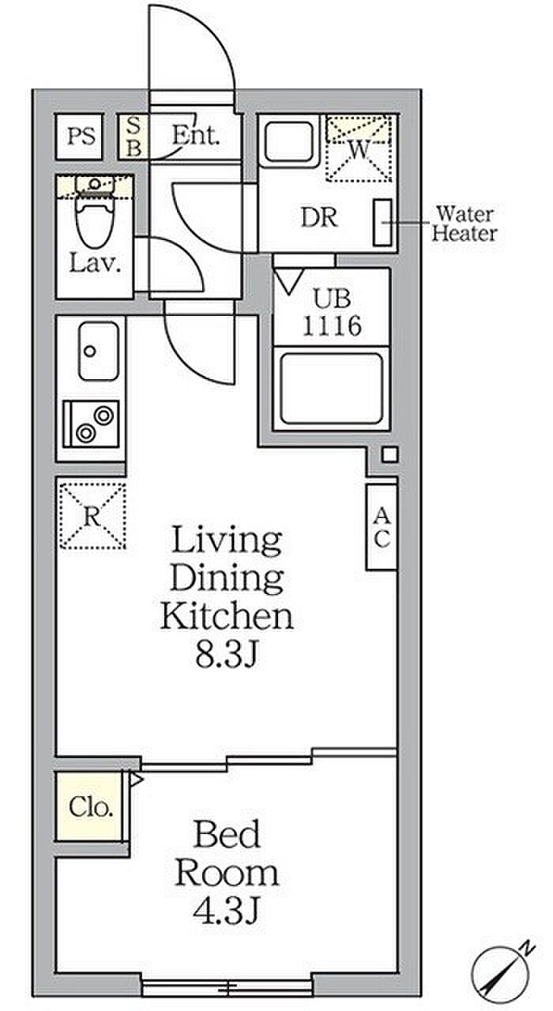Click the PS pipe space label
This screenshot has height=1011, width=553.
click(81, 136)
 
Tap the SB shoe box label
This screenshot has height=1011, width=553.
click(134, 137)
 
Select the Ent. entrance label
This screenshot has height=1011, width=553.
click(196, 134)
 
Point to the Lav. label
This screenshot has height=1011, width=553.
click(95, 263)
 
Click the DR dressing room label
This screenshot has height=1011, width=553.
click(319, 217)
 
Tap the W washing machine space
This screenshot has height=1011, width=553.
click(359, 148)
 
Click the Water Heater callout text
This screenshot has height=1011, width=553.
click(465, 224)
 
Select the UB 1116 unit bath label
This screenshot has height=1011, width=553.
click(332, 312)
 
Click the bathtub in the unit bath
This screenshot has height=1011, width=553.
click(331, 389)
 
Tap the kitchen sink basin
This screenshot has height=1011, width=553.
click(99, 351)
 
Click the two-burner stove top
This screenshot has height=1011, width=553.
click(91, 424)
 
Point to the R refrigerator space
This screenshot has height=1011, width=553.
click(92, 516)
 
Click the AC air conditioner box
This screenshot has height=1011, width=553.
click(382, 527)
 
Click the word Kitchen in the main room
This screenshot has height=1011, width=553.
click(227, 615)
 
